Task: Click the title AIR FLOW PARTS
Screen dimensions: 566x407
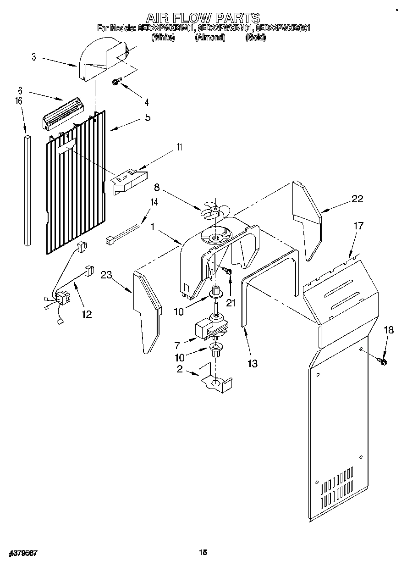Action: pyautogui.click(x=203, y=18)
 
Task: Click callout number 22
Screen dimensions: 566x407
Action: pyautogui.click(x=357, y=199)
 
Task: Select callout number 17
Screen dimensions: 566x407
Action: pyautogui.click(x=358, y=226)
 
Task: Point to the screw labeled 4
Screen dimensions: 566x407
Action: pyautogui.click(x=116, y=82)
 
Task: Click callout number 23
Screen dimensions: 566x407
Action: pyautogui.click(x=106, y=275)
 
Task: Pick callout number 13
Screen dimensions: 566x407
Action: pyautogui.click(x=252, y=364)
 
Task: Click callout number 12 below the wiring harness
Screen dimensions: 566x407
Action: pyautogui.click(x=86, y=314)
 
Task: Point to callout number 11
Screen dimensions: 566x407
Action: pyautogui.click(x=179, y=147)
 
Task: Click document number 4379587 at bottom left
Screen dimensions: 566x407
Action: pyautogui.click(x=22, y=553)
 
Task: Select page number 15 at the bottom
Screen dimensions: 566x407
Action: pyautogui.click(x=203, y=552)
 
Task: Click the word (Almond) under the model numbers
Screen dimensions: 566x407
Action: pyautogui.click(x=210, y=38)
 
